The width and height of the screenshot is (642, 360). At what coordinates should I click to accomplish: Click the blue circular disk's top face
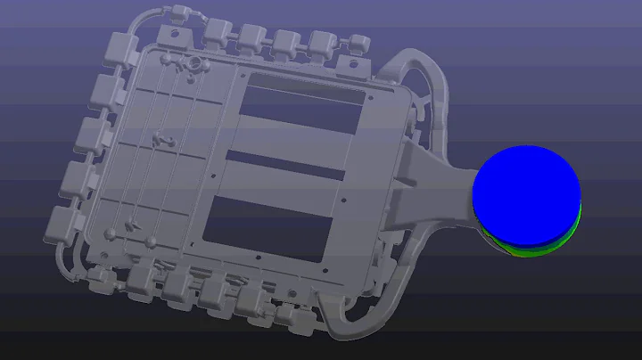tap(526, 192)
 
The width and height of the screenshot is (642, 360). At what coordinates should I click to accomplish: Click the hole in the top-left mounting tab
tap(175, 33)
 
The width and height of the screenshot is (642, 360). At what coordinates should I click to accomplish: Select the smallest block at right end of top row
tap(358, 43)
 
